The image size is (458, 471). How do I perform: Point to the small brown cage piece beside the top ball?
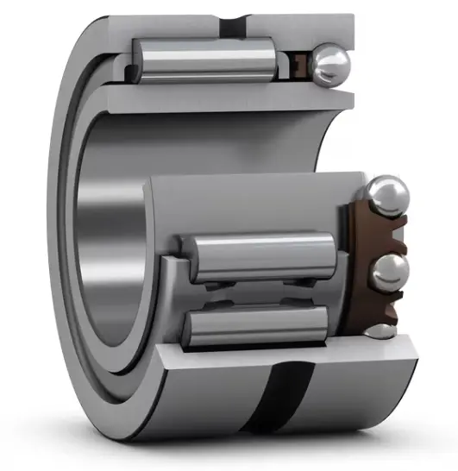click(x=303, y=63)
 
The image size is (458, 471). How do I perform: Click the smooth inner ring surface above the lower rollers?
click(x=250, y=198)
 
